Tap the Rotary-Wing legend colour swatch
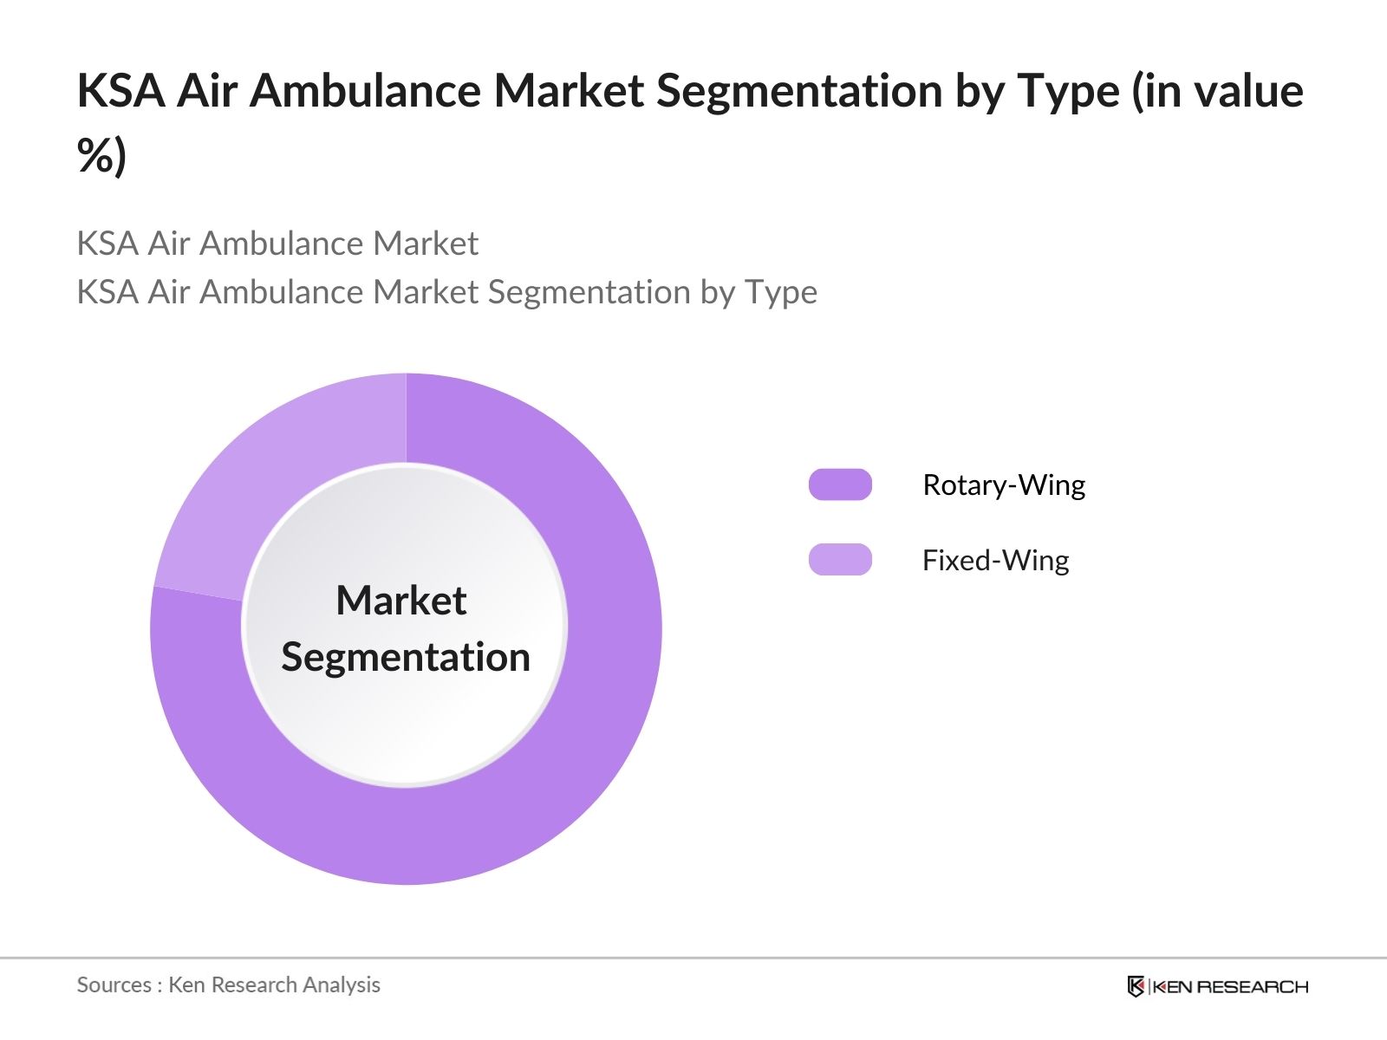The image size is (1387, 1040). (x=840, y=484)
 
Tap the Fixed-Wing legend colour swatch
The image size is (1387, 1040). (x=840, y=560)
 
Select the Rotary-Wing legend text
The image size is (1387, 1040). (x=1003, y=484)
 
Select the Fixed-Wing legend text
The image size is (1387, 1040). (x=995, y=560)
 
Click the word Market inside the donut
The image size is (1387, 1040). (x=401, y=601)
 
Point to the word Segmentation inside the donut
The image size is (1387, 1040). (x=406, y=657)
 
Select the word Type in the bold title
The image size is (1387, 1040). (x=1068, y=91)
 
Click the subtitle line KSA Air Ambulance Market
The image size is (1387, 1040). (x=277, y=244)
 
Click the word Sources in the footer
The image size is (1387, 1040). (x=114, y=985)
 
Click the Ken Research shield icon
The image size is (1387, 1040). (x=1136, y=986)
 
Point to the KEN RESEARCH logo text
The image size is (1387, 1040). (x=1231, y=986)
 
